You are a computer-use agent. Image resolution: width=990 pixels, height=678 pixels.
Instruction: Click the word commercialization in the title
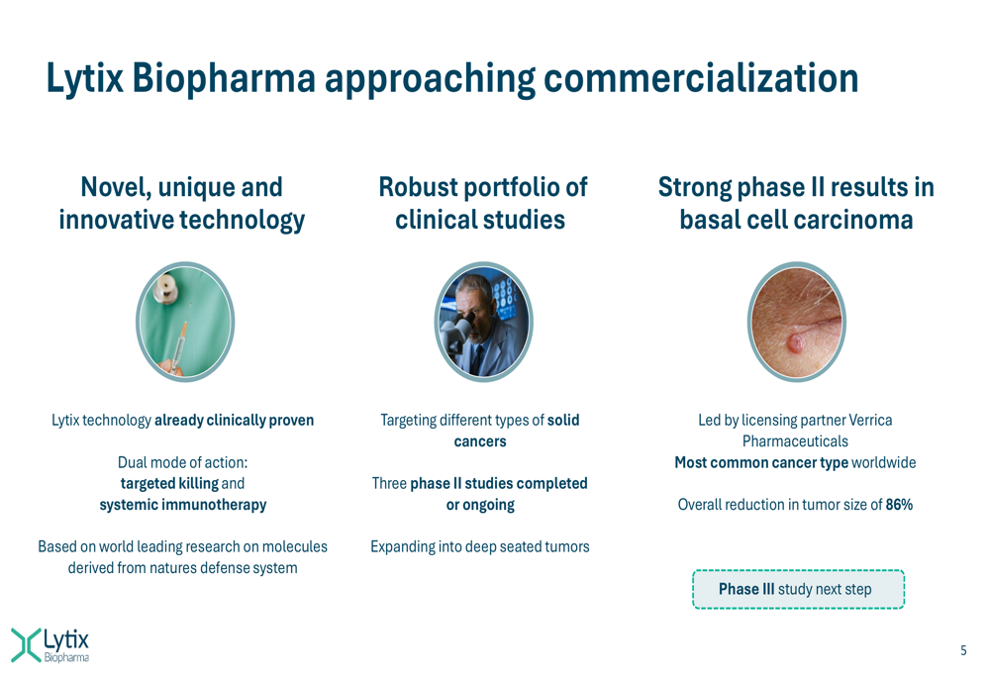point(701,78)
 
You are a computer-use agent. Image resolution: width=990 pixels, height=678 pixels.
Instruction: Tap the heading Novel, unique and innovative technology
point(182,203)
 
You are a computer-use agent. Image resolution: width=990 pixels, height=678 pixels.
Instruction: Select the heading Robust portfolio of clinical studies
point(482,203)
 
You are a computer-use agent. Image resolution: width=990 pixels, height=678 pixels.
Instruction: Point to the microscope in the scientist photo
point(457,335)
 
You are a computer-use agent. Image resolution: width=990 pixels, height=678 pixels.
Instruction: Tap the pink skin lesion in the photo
point(795,343)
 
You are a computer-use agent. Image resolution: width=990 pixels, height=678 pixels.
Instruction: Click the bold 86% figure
point(899,505)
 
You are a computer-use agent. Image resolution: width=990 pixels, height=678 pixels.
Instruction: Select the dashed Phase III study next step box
point(798,589)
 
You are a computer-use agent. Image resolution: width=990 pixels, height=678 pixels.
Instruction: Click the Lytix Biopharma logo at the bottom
point(49,644)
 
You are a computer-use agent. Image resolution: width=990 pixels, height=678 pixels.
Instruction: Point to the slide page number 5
point(963,650)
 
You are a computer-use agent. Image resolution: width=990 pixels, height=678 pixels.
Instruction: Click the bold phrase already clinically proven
point(235,421)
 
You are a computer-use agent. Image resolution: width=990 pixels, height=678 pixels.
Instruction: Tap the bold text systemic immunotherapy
point(183,505)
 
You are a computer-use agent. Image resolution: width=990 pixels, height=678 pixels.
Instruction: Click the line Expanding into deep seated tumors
point(480,546)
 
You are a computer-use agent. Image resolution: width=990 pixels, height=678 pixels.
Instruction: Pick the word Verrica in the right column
point(870,421)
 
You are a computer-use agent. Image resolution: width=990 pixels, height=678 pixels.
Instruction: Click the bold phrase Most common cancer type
point(761,463)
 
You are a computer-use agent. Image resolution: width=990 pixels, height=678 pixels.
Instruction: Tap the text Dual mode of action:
point(182,463)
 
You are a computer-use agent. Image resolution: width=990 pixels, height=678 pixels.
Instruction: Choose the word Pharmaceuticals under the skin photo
point(795,441)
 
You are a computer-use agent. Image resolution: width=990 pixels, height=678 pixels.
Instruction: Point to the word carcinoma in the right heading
point(853,220)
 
